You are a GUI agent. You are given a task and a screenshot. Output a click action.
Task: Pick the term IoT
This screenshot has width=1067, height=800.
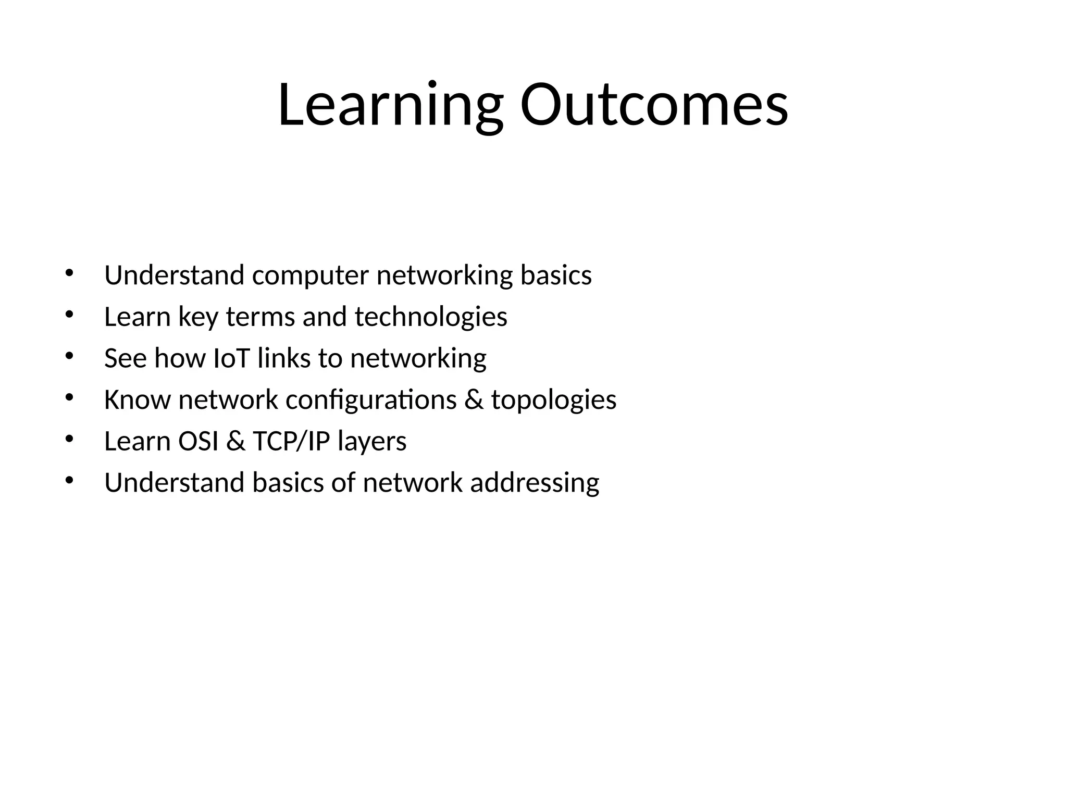point(232,358)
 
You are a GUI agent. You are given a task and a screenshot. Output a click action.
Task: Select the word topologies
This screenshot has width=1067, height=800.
point(554,400)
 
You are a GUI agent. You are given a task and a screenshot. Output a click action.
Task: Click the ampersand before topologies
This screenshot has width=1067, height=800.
point(474,400)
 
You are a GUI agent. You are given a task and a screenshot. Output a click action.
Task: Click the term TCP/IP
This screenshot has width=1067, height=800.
point(292,441)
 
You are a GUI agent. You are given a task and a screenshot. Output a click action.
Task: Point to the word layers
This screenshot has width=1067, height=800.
point(372,441)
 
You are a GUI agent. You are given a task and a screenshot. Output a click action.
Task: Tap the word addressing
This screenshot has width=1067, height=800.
point(535,483)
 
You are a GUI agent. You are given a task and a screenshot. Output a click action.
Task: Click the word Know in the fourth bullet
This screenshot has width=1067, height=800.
point(138,400)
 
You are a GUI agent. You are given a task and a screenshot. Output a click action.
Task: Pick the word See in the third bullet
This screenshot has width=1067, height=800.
point(126,358)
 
